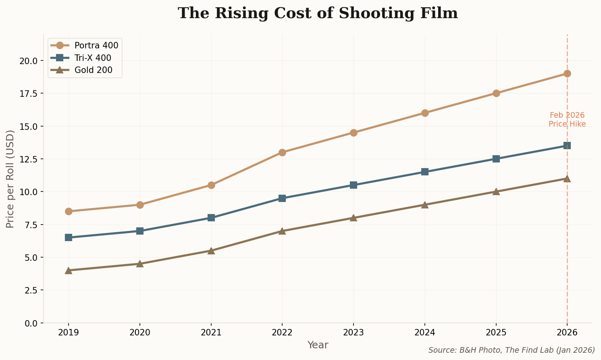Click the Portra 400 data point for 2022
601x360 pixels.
coord(282,152)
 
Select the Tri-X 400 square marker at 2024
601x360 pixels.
coord(424,172)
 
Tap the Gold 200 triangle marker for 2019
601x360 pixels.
coord(69,270)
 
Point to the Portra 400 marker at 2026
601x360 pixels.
coord(567,73)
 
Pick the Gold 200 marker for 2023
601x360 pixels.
coord(354,218)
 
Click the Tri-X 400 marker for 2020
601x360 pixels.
coord(140,231)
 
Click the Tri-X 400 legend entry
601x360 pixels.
coord(93,58)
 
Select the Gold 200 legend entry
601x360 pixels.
coord(93,70)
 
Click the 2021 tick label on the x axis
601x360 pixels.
coord(211,333)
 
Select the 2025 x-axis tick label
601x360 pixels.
coord(496,333)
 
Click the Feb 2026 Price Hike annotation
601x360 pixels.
coord(567,120)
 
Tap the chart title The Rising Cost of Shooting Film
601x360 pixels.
coord(318,13)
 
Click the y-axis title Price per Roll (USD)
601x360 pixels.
coord(10,179)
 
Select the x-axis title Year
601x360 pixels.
coord(318,345)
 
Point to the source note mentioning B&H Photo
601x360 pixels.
coord(511,350)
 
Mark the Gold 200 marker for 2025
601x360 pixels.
coord(496,191)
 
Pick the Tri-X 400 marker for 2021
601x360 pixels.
coord(211,218)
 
